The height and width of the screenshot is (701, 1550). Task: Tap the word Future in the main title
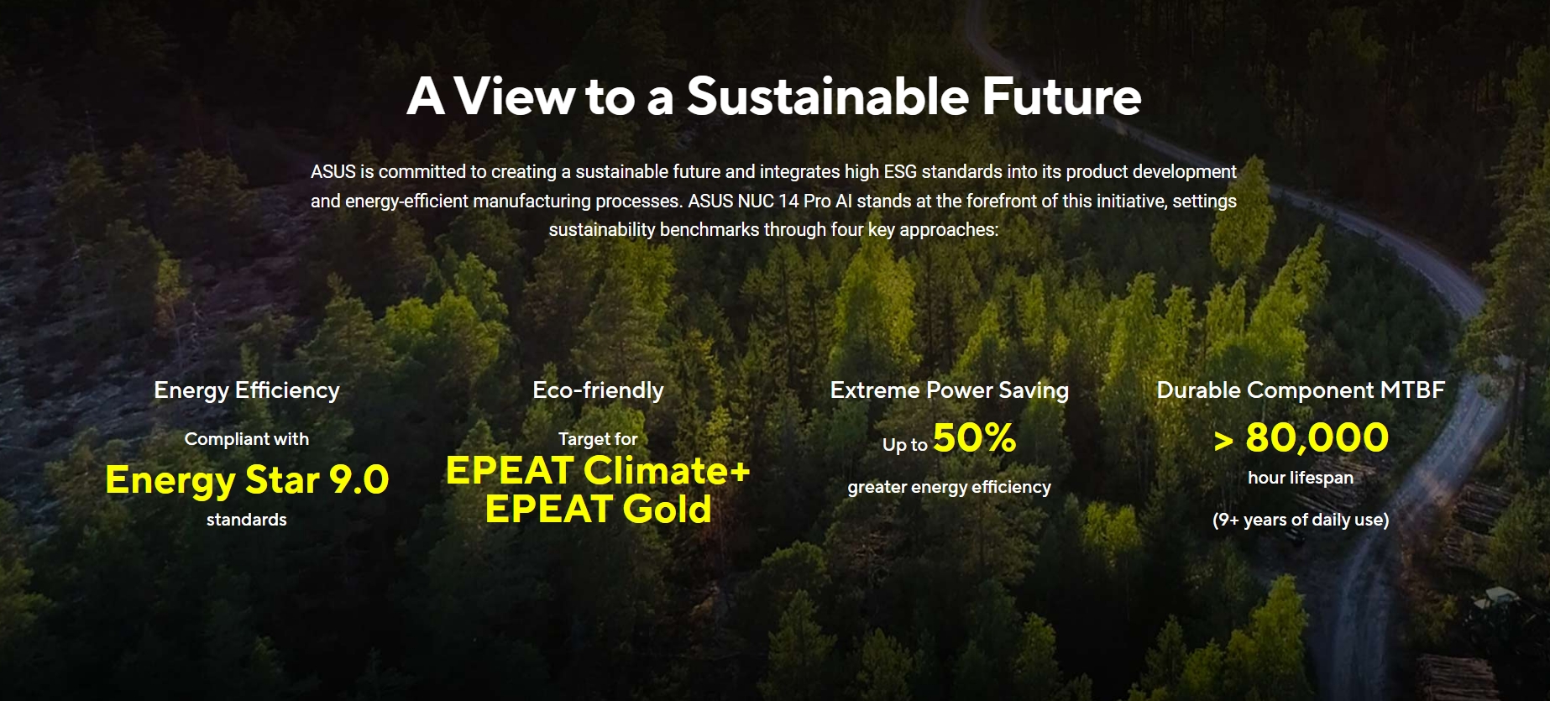pos(1062,96)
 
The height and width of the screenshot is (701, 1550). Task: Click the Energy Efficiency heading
pos(247,390)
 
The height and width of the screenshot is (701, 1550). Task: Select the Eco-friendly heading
pos(598,390)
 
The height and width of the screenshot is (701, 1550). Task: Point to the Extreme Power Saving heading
pos(950,390)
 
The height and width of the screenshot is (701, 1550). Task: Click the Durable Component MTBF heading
pos(1301,390)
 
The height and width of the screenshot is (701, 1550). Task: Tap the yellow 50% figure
pos(974,437)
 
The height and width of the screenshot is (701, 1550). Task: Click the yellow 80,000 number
pos(1317,437)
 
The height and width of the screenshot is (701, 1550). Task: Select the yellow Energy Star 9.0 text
pos(247,480)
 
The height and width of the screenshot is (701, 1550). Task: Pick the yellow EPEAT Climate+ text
pos(598,470)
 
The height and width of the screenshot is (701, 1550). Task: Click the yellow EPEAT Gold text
pos(598,509)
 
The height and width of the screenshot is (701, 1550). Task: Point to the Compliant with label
pos(247,439)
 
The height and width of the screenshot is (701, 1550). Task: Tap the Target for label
pos(598,439)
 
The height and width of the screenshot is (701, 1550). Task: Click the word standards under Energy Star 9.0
pos(247,520)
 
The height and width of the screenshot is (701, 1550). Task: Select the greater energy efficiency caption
pos(950,487)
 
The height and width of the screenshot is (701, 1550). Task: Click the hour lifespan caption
pos(1301,478)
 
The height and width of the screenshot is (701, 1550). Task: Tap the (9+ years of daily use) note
pos(1301,520)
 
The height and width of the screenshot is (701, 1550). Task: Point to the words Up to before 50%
pos(905,445)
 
